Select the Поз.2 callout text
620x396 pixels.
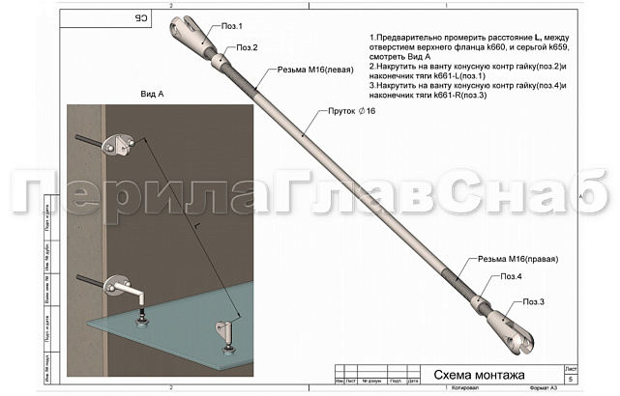(x=247, y=47)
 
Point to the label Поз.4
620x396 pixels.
(x=513, y=277)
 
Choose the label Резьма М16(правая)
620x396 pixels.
(x=520, y=259)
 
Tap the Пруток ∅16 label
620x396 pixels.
(x=350, y=112)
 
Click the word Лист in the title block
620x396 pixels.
(x=571, y=367)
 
